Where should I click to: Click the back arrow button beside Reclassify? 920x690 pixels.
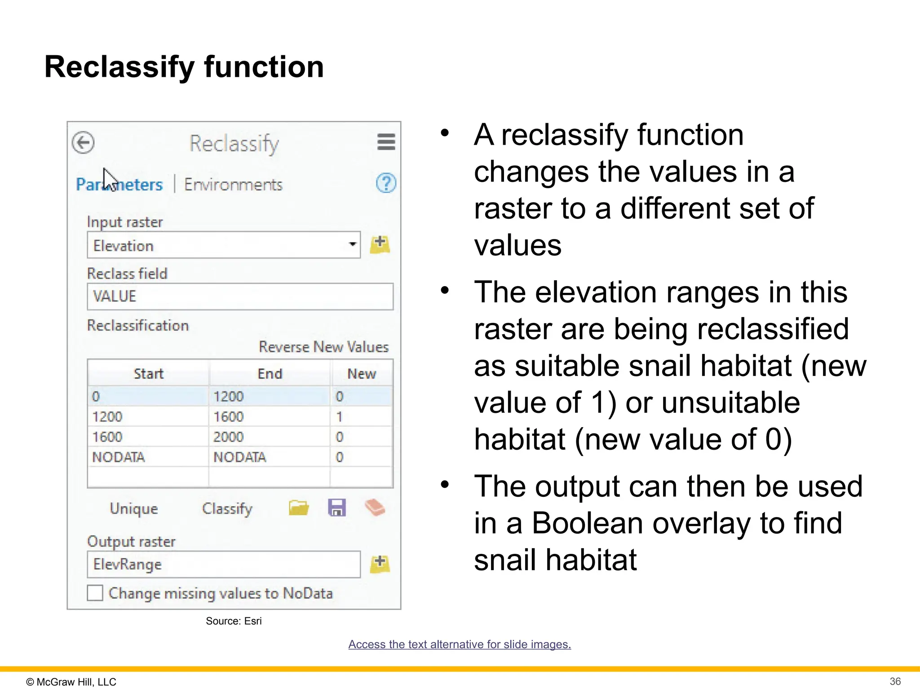coord(83,143)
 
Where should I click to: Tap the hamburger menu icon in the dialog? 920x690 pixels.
coord(386,142)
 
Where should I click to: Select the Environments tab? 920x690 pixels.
coord(233,185)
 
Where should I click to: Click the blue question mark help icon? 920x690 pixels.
coord(386,183)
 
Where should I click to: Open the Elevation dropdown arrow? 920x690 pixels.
coord(353,244)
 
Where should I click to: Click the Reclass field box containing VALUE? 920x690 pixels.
coord(240,296)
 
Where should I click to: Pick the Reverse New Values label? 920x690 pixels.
coord(323,347)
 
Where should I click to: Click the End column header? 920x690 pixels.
coord(270,374)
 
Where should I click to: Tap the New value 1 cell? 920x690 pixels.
coord(361,417)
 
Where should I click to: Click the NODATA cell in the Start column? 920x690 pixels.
coord(147,457)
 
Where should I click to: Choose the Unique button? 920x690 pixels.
coord(134,509)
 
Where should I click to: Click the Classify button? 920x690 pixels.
coord(227,509)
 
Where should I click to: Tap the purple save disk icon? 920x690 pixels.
coord(337,508)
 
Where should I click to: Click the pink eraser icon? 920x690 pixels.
coord(375,508)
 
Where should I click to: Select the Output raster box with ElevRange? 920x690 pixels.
coord(223,564)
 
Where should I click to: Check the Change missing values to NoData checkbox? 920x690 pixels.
coord(95,593)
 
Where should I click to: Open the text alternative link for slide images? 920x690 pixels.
coord(460,644)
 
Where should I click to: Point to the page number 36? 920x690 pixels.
coord(895,681)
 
